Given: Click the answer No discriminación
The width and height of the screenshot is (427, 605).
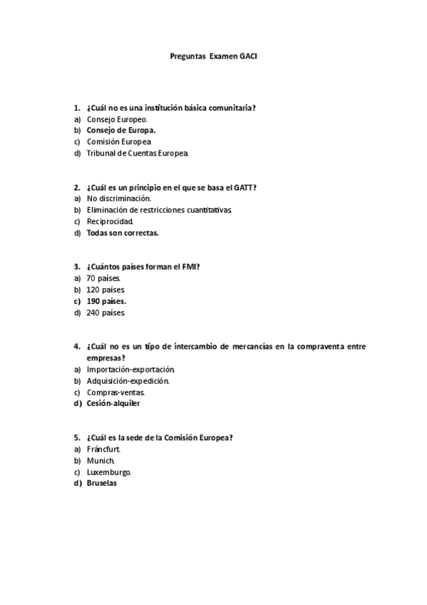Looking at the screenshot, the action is (x=118, y=198).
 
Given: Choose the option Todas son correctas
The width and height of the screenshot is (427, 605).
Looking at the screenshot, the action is (x=122, y=233).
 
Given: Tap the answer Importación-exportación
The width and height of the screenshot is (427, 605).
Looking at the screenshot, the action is (x=130, y=370).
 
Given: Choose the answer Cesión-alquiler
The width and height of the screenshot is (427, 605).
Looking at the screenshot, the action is (x=113, y=403).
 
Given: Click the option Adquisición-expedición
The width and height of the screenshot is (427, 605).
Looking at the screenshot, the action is (x=128, y=381).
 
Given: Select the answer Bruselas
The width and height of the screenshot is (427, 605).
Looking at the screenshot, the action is (x=101, y=483).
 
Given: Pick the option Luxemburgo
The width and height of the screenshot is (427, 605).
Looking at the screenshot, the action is (x=109, y=472).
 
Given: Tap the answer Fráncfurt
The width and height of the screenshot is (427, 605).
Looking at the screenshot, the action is (x=103, y=449).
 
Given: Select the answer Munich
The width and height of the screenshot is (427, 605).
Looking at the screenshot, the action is (x=101, y=460).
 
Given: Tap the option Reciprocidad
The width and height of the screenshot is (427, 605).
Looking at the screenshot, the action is (x=110, y=221).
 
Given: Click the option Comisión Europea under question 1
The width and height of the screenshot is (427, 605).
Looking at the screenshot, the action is (x=118, y=142).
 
